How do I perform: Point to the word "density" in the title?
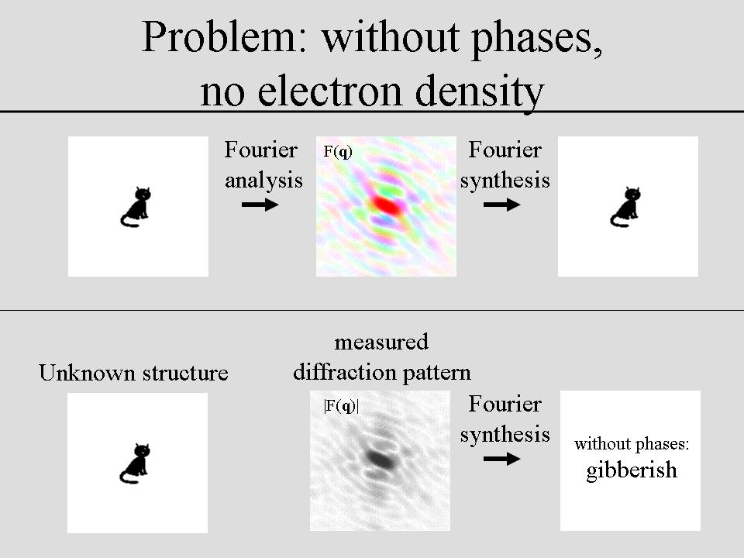tap(479, 94)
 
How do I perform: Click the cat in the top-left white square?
tap(136, 207)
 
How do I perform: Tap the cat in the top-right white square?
tap(626, 207)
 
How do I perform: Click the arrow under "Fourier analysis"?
tap(260, 205)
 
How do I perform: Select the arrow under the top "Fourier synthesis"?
tap(502, 205)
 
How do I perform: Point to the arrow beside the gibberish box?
tap(502, 459)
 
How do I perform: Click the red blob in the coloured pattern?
tap(386, 205)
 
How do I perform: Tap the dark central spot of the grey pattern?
tap(380, 459)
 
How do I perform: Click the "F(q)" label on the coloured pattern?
tap(338, 151)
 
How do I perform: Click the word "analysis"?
tap(263, 181)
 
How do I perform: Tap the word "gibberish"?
tap(632, 470)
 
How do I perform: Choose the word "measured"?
tap(381, 342)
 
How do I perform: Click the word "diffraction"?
tap(339, 373)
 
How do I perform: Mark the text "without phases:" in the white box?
tap(632, 443)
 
